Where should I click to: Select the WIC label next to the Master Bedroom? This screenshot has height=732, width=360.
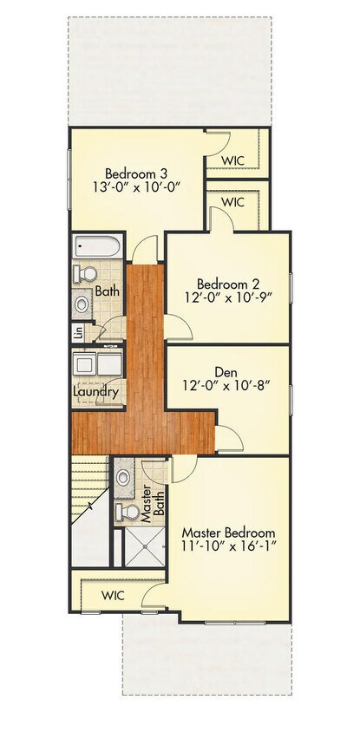114,596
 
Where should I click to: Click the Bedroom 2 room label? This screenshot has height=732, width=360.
228,284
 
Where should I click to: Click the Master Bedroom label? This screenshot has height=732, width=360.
228,532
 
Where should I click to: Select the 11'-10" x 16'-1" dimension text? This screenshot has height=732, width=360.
228,547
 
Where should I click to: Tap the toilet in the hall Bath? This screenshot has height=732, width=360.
85,274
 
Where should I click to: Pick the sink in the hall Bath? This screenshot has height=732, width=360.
82,304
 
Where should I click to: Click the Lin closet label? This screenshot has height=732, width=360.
78,331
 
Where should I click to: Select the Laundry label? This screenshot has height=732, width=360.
95,392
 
